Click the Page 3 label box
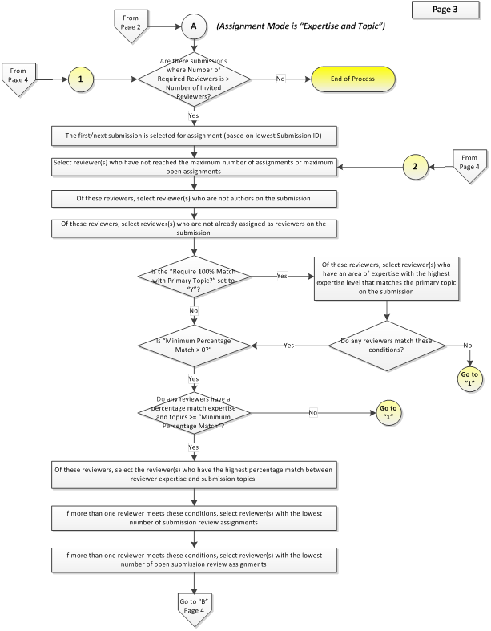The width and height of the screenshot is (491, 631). [x=445, y=10]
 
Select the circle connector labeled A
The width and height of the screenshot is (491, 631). [x=194, y=26]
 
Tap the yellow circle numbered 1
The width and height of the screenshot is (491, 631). [x=80, y=79]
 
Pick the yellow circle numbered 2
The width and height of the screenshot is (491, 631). [x=415, y=166]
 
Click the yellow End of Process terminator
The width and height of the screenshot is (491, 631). [x=352, y=79]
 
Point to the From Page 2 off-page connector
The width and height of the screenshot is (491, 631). [x=131, y=26]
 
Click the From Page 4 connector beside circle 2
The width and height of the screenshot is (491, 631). [x=469, y=166]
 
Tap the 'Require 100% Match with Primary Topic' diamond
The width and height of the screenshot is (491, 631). [x=194, y=276]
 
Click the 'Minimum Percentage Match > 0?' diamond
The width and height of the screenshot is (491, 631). [x=194, y=346]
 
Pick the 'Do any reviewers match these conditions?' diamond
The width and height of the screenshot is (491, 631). [x=386, y=346]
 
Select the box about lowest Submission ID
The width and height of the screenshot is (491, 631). [x=194, y=136]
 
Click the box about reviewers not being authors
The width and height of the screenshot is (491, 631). [x=194, y=198]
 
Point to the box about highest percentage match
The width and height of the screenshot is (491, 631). [x=194, y=475]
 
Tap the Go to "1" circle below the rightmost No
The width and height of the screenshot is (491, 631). [x=469, y=379]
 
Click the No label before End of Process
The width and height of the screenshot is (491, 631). [x=280, y=79]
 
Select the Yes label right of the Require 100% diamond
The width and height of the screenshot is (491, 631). [x=282, y=276]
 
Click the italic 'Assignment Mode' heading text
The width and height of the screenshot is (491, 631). [x=301, y=26]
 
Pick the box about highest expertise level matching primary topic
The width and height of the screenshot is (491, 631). [x=386, y=278]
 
